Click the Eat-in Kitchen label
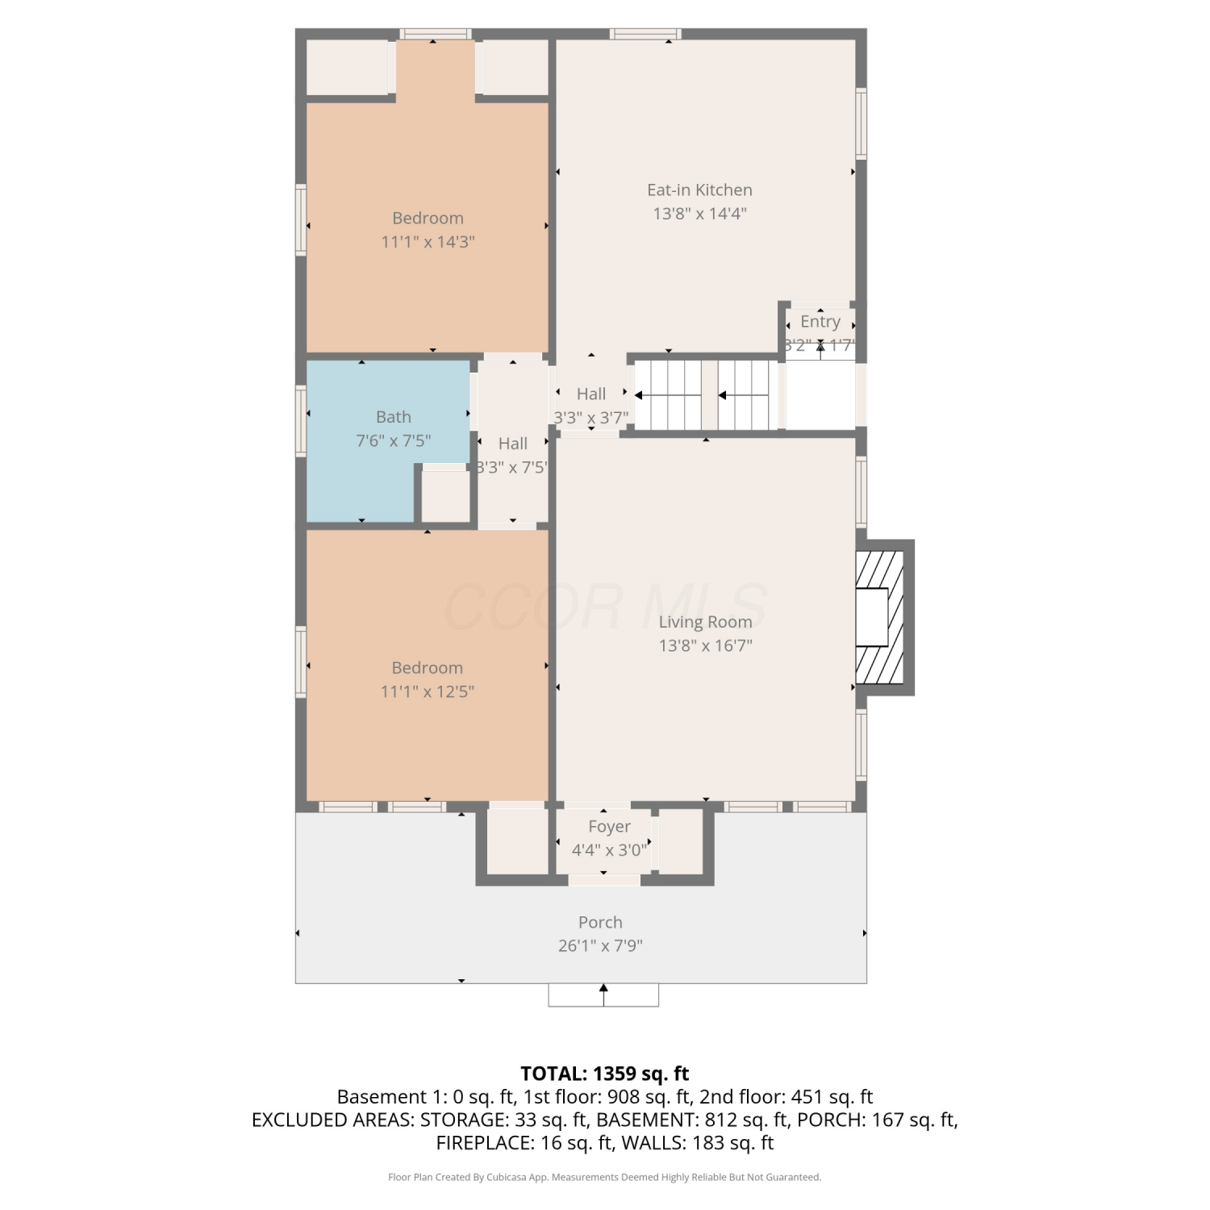[x=699, y=190]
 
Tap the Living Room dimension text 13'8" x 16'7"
[x=706, y=645]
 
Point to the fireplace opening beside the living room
[x=872, y=617]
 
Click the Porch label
[x=600, y=922]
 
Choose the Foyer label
[x=609, y=827]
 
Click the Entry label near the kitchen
[x=820, y=322]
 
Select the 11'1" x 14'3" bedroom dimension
[x=428, y=241]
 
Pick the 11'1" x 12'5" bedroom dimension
[x=428, y=691]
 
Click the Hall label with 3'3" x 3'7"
[x=591, y=394]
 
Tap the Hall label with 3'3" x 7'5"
[x=513, y=444]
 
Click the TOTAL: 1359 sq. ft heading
[x=605, y=1074]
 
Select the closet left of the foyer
[x=518, y=841]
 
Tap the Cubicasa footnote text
[x=605, y=1178]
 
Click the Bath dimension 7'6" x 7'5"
[x=394, y=440]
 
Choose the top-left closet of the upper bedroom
[x=348, y=67]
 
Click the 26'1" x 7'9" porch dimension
[x=600, y=945]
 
